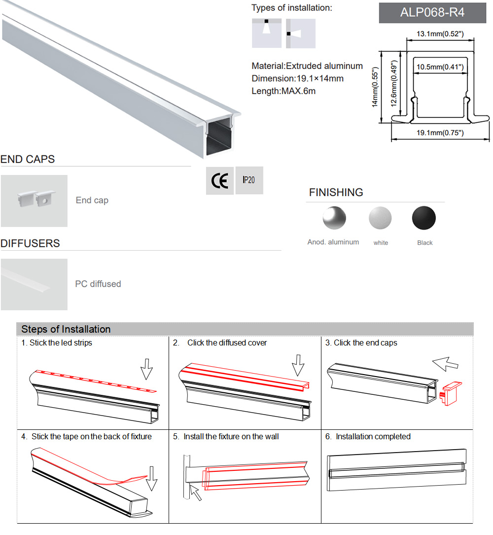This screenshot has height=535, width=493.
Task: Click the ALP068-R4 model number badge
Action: click(x=433, y=12)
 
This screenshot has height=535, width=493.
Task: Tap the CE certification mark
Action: click(x=219, y=181)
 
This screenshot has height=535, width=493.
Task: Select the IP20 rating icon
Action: click(x=249, y=180)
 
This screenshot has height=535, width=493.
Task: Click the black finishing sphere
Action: click(x=424, y=218)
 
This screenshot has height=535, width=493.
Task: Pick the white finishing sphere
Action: click(x=380, y=218)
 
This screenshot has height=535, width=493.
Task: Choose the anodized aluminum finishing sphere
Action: click(x=334, y=218)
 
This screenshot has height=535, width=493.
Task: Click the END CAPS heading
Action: click(x=28, y=159)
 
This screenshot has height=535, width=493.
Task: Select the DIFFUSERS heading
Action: click(x=30, y=243)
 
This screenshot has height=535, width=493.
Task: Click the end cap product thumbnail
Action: click(x=34, y=201)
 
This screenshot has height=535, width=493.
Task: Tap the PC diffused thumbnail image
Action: click(x=34, y=284)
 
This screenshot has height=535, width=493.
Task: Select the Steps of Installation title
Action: click(x=66, y=329)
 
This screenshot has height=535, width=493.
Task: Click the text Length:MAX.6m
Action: click(x=283, y=91)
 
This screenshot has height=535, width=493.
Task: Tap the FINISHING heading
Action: click(x=336, y=192)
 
